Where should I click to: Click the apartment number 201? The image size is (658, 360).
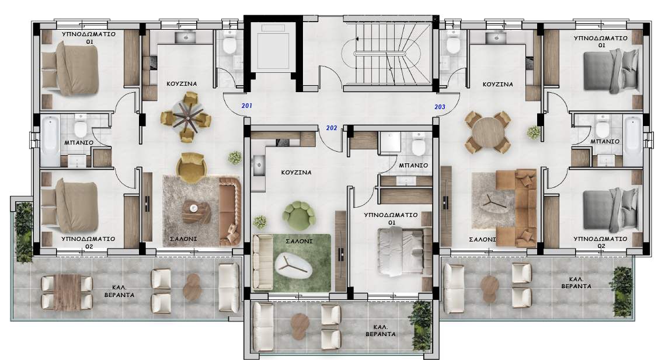[247, 106]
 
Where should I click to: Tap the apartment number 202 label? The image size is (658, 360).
[332, 128]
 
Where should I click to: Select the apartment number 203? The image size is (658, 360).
[440, 107]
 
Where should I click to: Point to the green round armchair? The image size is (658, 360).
[298, 216]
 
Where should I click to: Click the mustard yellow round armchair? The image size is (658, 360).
[192, 167]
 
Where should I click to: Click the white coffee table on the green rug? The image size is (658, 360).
[294, 267]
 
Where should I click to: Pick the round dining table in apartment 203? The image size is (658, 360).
[488, 132]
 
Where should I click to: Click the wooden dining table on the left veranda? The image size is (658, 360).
[67, 292]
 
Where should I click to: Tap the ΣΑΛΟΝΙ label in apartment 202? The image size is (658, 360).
[299, 241]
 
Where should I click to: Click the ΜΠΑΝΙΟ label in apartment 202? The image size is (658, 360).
[413, 165]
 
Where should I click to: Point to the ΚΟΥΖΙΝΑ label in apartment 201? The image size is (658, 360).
[182, 83]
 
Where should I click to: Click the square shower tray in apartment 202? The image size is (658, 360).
[390, 142]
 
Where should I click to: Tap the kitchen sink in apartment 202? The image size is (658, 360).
[259, 165]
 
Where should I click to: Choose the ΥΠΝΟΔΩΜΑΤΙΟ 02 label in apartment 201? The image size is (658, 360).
[88, 243]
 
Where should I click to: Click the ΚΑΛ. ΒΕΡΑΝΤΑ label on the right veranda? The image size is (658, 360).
[576, 282]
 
